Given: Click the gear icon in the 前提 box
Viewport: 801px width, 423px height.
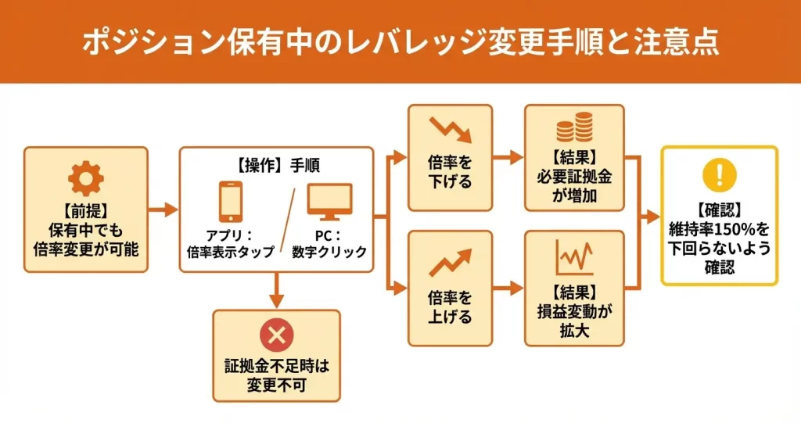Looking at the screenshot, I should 85,180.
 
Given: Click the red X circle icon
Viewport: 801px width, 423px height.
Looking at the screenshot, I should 276,336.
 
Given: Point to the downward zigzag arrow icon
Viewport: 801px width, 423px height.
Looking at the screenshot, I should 451,131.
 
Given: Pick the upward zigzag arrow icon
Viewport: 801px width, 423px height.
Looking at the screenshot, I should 451,261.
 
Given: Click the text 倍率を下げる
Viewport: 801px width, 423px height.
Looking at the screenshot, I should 451,172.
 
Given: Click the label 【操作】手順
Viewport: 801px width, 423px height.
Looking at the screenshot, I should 275,165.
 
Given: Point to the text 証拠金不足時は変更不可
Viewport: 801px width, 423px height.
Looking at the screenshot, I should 276,374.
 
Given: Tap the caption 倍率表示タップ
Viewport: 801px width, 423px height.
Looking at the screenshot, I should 231,252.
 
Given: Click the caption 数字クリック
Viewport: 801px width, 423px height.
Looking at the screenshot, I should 329,252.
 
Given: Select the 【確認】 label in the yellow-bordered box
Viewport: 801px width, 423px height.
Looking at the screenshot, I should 720,211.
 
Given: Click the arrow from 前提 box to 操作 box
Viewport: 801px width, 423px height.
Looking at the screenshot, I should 163,210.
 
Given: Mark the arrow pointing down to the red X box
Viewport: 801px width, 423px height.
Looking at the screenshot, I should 276,290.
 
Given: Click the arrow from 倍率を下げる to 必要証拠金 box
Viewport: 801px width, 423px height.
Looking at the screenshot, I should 508,157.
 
